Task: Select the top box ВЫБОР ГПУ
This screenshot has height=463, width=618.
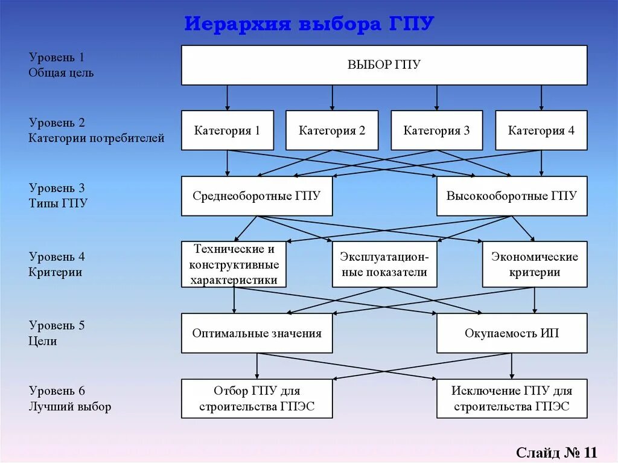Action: tap(384, 65)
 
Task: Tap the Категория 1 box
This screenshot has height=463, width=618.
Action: tap(227, 130)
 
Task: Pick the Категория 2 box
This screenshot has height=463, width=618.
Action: tap(332, 130)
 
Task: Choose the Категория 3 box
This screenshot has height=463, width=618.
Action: tap(436, 130)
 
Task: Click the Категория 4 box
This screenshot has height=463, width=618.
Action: tap(541, 130)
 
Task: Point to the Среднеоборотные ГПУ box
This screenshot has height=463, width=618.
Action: tap(256, 196)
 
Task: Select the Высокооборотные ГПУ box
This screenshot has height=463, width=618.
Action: tap(512, 196)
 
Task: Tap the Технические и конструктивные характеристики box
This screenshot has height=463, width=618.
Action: tap(234, 264)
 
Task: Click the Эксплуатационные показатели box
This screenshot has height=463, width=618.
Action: tap(384, 264)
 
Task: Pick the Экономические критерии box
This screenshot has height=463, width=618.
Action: tap(534, 264)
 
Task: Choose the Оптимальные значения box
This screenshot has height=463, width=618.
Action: tap(256, 333)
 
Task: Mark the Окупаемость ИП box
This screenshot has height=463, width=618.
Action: tap(512, 333)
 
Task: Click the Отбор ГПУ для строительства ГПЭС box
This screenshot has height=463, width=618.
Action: tap(256, 398)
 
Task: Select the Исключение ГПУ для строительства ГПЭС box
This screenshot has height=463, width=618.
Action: tap(512, 398)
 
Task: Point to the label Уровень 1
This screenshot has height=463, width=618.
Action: tap(57, 58)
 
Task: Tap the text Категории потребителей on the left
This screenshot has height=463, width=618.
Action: tap(97, 138)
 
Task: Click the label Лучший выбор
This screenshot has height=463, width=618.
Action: tap(70, 406)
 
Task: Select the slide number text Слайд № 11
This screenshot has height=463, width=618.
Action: tap(556, 452)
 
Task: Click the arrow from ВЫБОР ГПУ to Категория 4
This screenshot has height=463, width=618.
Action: tap(541, 97)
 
